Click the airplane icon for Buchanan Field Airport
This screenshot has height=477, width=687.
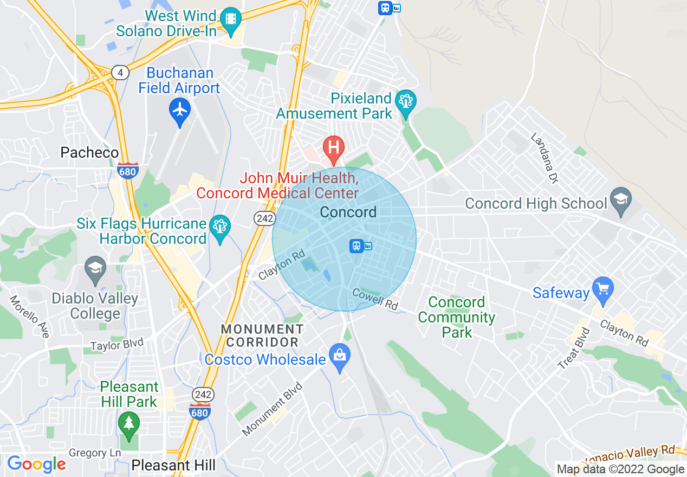point(180,110)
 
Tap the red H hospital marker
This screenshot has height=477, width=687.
point(334,147)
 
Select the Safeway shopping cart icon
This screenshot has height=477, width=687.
point(602,288)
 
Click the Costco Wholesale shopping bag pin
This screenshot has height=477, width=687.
point(340,356)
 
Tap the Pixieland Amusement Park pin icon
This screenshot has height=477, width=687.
point(405,101)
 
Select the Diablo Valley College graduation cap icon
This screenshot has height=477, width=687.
point(95,268)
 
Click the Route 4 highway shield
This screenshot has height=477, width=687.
point(120,72)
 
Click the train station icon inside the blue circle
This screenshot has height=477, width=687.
point(357,246)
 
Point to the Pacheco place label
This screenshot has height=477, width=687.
point(89,153)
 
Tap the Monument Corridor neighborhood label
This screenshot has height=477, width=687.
point(262,336)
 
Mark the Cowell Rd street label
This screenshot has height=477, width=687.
point(375,299)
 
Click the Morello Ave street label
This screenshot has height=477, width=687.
point(29,317)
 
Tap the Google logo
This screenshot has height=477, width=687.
point(36,464)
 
